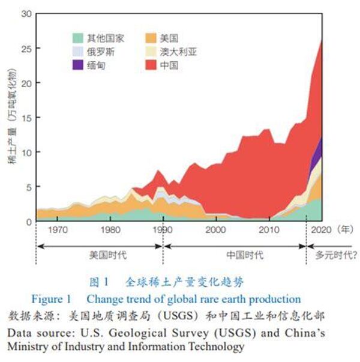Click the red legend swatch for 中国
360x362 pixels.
tap(149, 65)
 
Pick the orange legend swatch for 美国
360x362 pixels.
tap(149, 37)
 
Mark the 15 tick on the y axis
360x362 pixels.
tap(26, 118)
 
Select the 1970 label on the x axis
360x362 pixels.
tap(57, 229)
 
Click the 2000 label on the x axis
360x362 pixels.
tap(215, 229)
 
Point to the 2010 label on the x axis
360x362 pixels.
tap(268, 229)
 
